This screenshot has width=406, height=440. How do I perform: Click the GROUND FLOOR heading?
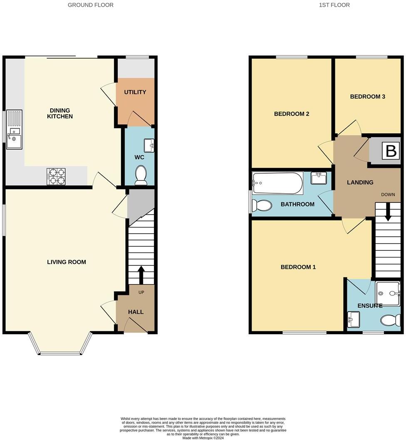pos(90,5)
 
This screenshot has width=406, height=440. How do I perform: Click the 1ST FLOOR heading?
pos(334,5)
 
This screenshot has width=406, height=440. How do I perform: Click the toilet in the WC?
pos(141,175)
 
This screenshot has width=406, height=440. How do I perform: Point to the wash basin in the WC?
pos(149,145)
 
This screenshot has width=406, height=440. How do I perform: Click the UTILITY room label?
pos(135,92)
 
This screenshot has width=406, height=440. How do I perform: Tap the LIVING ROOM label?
pos(67,262)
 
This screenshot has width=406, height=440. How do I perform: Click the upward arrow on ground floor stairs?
pos(141,273)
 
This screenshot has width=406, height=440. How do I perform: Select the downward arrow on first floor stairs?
pos(388,212)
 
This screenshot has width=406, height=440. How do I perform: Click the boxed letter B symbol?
pos(391,151)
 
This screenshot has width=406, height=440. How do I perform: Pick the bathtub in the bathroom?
pos(277,183)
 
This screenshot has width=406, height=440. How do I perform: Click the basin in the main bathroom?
pos(319,178)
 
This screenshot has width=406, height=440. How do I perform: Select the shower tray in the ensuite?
pos(387,293)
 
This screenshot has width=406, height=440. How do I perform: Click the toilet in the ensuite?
pos(391,320)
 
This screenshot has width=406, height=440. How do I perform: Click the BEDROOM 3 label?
pos(367,97)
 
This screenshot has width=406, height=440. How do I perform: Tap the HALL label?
pos(136,312)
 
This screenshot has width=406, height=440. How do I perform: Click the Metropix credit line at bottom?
pos(203,437)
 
